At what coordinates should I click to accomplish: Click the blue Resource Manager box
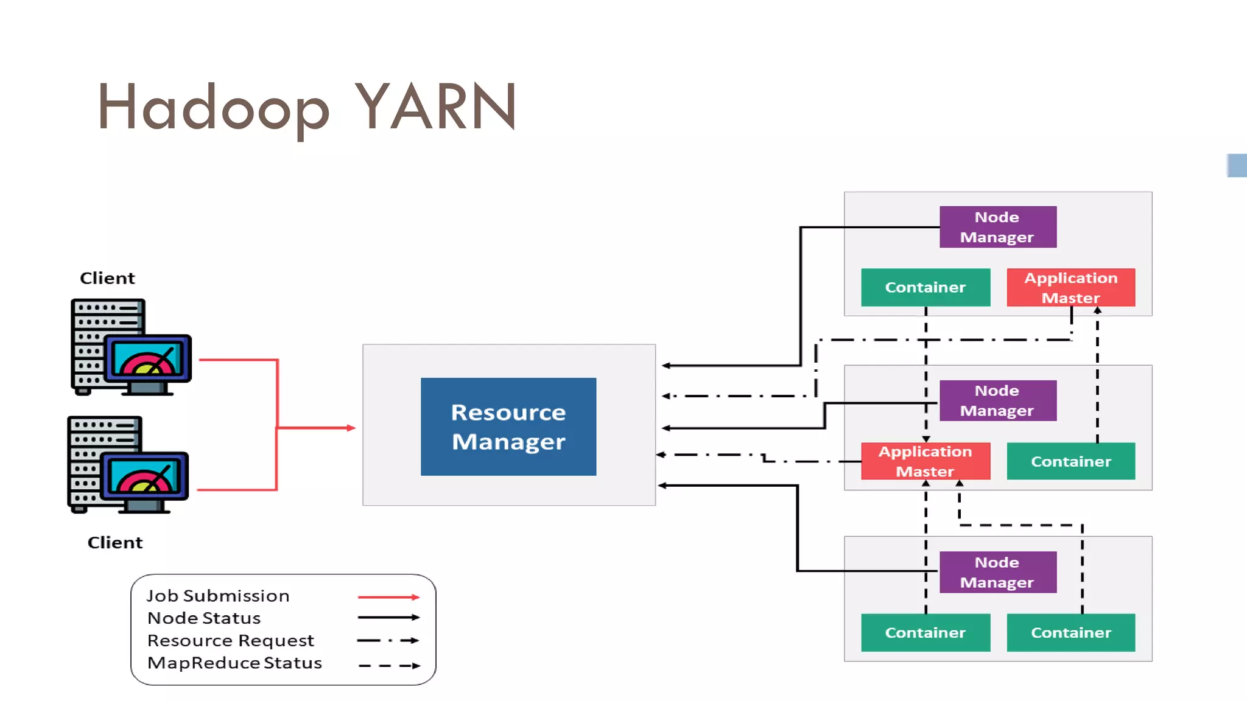point(508,427)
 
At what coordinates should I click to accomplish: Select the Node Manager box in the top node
point(997,227)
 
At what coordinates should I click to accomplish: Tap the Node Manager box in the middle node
point(997,400)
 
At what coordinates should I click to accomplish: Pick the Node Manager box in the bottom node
point(997,572)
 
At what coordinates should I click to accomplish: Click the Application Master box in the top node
point(1070,287)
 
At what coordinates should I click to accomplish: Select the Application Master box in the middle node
point(925,461)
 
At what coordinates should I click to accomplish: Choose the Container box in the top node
point(925,287)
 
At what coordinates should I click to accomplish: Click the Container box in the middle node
point(1070,461)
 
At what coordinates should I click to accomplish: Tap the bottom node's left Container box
point(925,633)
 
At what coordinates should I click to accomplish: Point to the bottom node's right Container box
point(1070,633)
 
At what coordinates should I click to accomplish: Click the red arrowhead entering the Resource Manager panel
point(351,428)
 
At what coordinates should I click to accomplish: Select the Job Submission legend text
point(218,596)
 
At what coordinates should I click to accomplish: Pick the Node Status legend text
point(204,618)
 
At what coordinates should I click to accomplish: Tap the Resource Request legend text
point(231,641)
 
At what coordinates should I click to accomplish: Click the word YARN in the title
point(435,107)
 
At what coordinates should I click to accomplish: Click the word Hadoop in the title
point(213,108)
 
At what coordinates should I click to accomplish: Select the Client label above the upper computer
point(107,278)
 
